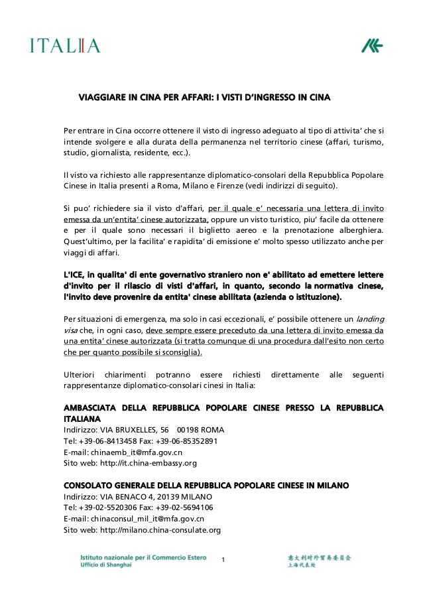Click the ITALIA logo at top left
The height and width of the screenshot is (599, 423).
pyautogui.click(x=64, y=46)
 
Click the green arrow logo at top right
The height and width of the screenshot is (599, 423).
pyautogui.click(x=371, y=46)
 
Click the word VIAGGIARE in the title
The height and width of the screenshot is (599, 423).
pyautogui.click(x=101, y=97)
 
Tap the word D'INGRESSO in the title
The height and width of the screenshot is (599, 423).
pyautogui.click(x=264, y=97)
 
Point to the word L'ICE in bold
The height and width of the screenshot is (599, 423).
pyautogui.click(x=74, y=275)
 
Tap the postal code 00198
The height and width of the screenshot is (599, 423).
pyautogui.click(x=190, y=429)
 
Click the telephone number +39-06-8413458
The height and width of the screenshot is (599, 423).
pyautogui.click(x=105, y=440)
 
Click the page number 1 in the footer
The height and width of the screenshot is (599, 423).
pyautogui.click(x=223, y=561)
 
